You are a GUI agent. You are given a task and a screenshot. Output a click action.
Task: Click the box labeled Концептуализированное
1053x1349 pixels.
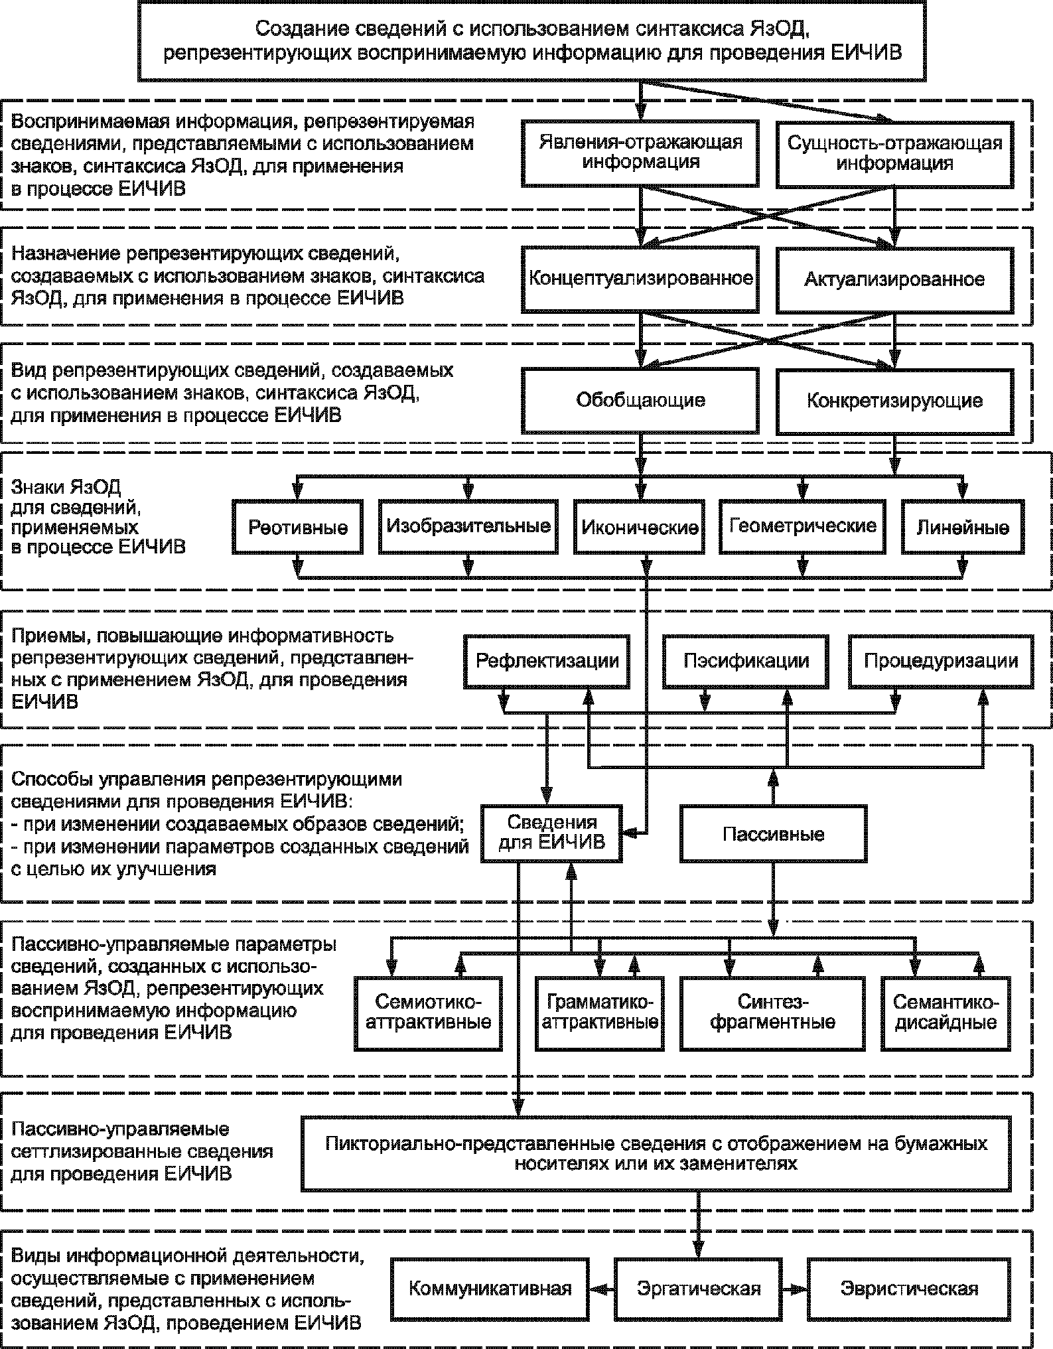coord(640,279)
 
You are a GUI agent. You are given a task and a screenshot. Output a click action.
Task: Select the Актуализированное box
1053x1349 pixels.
coord(894,279)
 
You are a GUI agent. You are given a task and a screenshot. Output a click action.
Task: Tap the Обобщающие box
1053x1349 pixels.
coord(640,400)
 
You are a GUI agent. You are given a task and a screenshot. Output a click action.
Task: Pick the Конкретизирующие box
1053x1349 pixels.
coord(894,400)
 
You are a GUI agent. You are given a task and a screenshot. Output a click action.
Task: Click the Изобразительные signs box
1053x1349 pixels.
coord(468,526)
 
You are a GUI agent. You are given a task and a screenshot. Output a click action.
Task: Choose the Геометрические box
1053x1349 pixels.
coord(803,526)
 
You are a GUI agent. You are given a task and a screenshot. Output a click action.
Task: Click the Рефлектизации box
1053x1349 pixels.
coord(547,661)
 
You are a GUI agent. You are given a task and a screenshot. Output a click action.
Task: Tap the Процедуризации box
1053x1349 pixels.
coord(941,661)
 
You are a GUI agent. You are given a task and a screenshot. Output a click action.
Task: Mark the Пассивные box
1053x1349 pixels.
coord(774,834)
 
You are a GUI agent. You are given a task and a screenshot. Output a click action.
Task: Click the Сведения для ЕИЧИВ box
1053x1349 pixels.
coord(552,833)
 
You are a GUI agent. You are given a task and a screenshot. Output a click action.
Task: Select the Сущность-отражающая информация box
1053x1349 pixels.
coord(894,153)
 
